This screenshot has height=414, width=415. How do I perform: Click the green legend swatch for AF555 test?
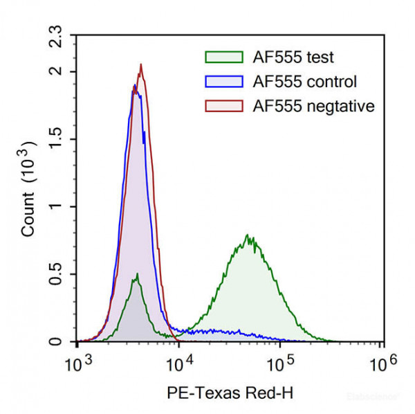pyautogui.click(x=225, y=57)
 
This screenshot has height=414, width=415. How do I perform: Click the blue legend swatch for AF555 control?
pyautogui.click(x=225, y=82)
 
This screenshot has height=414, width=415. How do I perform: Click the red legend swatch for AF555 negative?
pyautogui.click(x=225, y=106)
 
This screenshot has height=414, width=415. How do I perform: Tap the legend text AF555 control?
pyautogui.click(x=306, y=82)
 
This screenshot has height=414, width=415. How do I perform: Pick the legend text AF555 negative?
pyautogui.click(x=314, y=106)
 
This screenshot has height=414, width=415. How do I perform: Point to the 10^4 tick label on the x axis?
pyautogui.click(x=180, y=362)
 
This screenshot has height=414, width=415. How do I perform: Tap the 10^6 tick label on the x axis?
pyautogui.click(x=382, y=362)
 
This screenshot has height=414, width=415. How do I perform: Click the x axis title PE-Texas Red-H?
pyautogui.click(x=230, y=393)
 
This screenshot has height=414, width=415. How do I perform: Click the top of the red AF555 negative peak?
pyautogui.click(x=141, y=64)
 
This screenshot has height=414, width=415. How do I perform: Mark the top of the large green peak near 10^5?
pyautogui.click(x=247, y=235)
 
